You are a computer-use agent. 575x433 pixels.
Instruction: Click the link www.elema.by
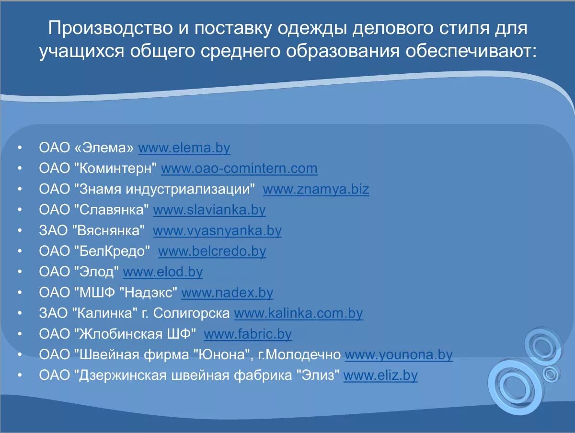[184, 148]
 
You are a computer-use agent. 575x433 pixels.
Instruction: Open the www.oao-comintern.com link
[239, 169]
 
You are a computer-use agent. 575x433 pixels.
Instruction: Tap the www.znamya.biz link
[316, 189]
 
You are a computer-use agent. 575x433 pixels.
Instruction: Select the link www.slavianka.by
[209, 210]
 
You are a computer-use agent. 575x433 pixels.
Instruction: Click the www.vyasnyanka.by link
[217, 230]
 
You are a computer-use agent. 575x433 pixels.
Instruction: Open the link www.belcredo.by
[212, 251]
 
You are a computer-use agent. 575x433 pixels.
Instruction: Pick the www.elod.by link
[163, 272]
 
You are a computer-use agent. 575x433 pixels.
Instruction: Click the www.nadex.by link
[227, 292]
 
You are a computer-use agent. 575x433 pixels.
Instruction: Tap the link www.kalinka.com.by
[298, 313]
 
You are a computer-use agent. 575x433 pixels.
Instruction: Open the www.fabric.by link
[248, 334]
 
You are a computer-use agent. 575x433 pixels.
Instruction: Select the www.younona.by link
[399, 355]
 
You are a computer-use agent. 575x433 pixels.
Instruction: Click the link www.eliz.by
[380, 376]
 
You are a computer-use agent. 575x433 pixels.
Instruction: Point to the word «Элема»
[104, 148]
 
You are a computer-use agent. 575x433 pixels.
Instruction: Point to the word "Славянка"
[112, 210]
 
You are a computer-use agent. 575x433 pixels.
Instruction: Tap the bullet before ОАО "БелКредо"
[19, 251]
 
